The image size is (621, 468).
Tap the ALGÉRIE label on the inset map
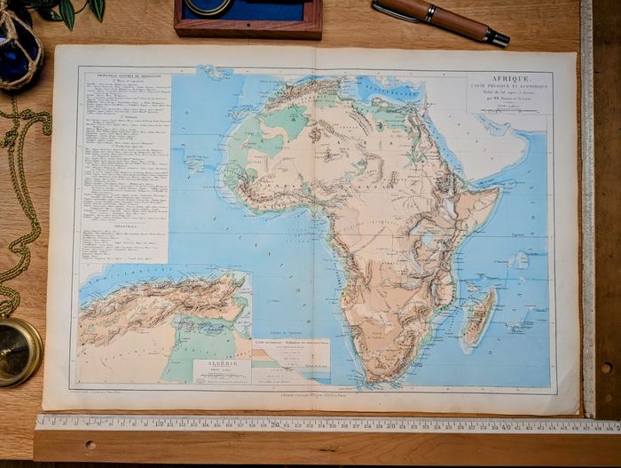222,364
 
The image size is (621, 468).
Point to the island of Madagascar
479,318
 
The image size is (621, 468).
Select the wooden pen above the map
438,20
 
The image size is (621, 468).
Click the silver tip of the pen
498,38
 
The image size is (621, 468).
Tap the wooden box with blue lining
248,17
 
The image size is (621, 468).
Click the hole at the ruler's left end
90,445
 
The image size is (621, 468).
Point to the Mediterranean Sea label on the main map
390,89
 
